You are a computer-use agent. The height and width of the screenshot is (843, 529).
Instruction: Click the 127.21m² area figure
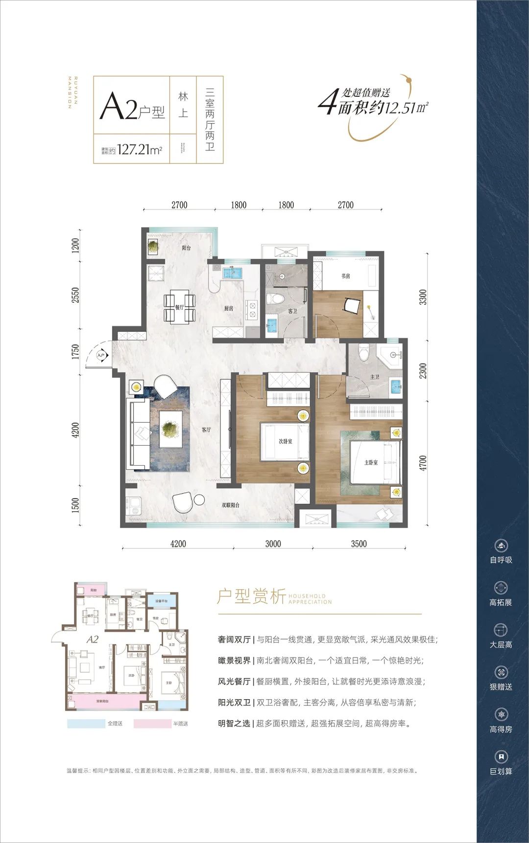coord(140,150)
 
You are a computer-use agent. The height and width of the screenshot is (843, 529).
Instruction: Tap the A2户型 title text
coord(132,108)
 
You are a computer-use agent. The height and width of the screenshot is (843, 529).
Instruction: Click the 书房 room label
coord(346,276)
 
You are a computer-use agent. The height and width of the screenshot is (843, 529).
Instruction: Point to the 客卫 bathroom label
coord(292,311)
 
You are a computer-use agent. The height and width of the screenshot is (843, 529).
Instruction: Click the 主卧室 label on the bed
coord(371,462)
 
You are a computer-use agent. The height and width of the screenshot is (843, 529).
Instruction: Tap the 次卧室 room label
coord(285,441)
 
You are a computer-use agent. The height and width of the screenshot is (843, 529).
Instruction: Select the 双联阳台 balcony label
coord(230,505)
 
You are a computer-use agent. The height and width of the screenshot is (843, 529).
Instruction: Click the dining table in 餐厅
coord(179,307)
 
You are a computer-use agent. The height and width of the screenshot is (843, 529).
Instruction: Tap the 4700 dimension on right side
coord(423,463)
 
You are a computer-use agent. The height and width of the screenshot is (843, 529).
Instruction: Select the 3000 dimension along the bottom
coord(273,544)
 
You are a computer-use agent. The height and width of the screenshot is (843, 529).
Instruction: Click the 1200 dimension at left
coord(75,245)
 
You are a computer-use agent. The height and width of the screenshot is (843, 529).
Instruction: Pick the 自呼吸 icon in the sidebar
coord(501,546)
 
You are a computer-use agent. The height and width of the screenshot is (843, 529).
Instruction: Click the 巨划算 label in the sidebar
coord(501,772)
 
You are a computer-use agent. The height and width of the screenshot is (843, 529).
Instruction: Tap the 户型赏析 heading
coord(251,596)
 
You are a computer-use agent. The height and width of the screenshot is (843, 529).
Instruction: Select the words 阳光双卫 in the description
coord(234,703)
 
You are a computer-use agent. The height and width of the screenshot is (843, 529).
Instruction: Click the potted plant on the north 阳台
coord(153,247)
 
